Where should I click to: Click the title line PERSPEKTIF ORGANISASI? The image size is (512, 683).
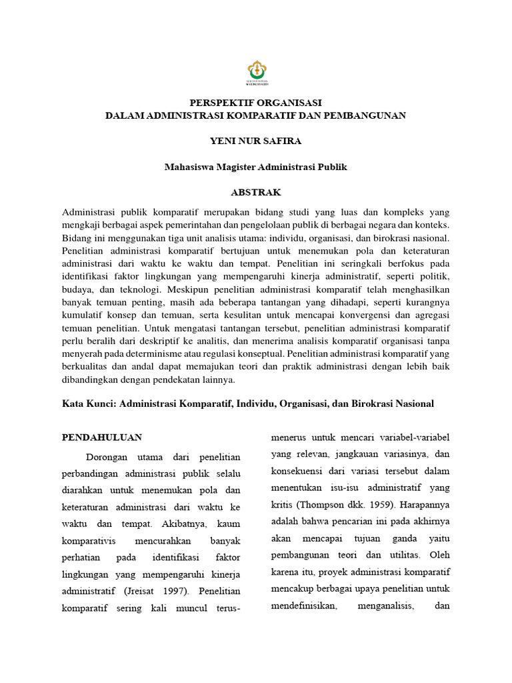255,102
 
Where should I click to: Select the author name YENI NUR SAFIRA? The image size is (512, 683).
255,141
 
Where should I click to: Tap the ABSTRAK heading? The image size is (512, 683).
255,192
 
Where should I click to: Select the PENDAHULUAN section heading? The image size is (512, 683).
102,438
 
